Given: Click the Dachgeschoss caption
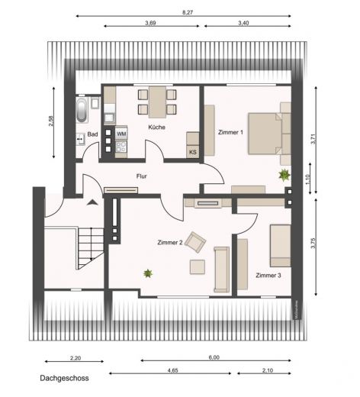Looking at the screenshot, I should coord(65,378).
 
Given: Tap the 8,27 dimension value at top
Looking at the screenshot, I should coord(187,13).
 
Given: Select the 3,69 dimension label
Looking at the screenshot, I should coord(150,24).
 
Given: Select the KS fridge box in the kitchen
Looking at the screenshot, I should coord(193,151).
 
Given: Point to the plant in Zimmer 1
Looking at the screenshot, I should coord(284,174).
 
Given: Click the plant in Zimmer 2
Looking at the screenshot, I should coord(148,272).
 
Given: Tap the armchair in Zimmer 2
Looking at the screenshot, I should coord(197,243).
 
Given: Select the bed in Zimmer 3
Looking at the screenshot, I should coord(278,245).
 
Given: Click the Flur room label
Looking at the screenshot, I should coord(142,176).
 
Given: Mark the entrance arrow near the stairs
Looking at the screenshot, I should coord(92,202).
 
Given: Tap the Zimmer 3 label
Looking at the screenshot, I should coord(269,275).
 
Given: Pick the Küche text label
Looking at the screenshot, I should coord(157,127).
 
